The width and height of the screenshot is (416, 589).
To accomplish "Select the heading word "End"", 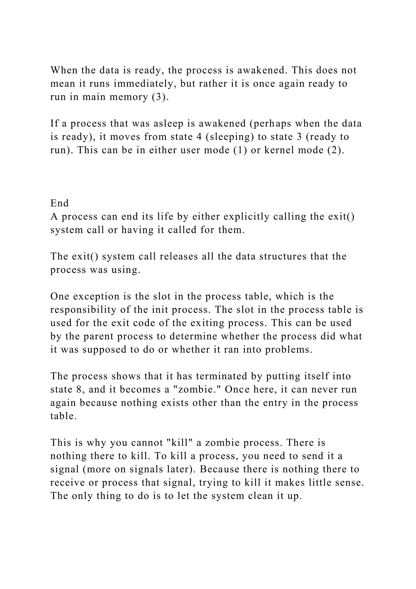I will click(x=60, y=203).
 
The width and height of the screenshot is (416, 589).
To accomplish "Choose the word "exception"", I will click(x=96, y=297).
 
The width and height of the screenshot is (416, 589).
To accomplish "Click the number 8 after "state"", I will click(x=79, y=389).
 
